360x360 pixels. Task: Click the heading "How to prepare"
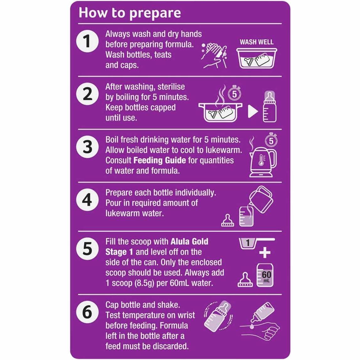(130, 13)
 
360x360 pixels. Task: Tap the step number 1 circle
(87, 41)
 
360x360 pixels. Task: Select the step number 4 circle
(87, 200)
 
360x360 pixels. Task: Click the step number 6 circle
(87, 312)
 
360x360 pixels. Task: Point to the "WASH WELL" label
(257, 42)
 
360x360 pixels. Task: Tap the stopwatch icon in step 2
(234, 93)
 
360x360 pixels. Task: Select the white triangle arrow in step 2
(252, 111)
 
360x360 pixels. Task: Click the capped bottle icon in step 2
(270, 107)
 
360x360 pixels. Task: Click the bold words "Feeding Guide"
(160, 160)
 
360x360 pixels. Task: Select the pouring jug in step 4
(261, 199)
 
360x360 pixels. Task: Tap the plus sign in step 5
(265, 253)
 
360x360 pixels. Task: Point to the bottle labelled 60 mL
(265, 275)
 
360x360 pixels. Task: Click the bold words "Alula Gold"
(189, 241)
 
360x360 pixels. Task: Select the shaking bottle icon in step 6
(218, 316)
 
